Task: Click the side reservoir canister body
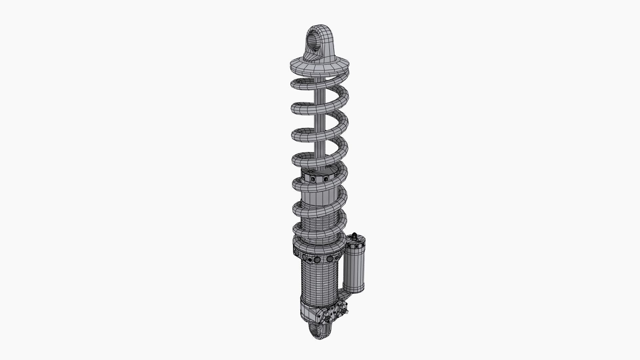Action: tap(354, 267)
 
